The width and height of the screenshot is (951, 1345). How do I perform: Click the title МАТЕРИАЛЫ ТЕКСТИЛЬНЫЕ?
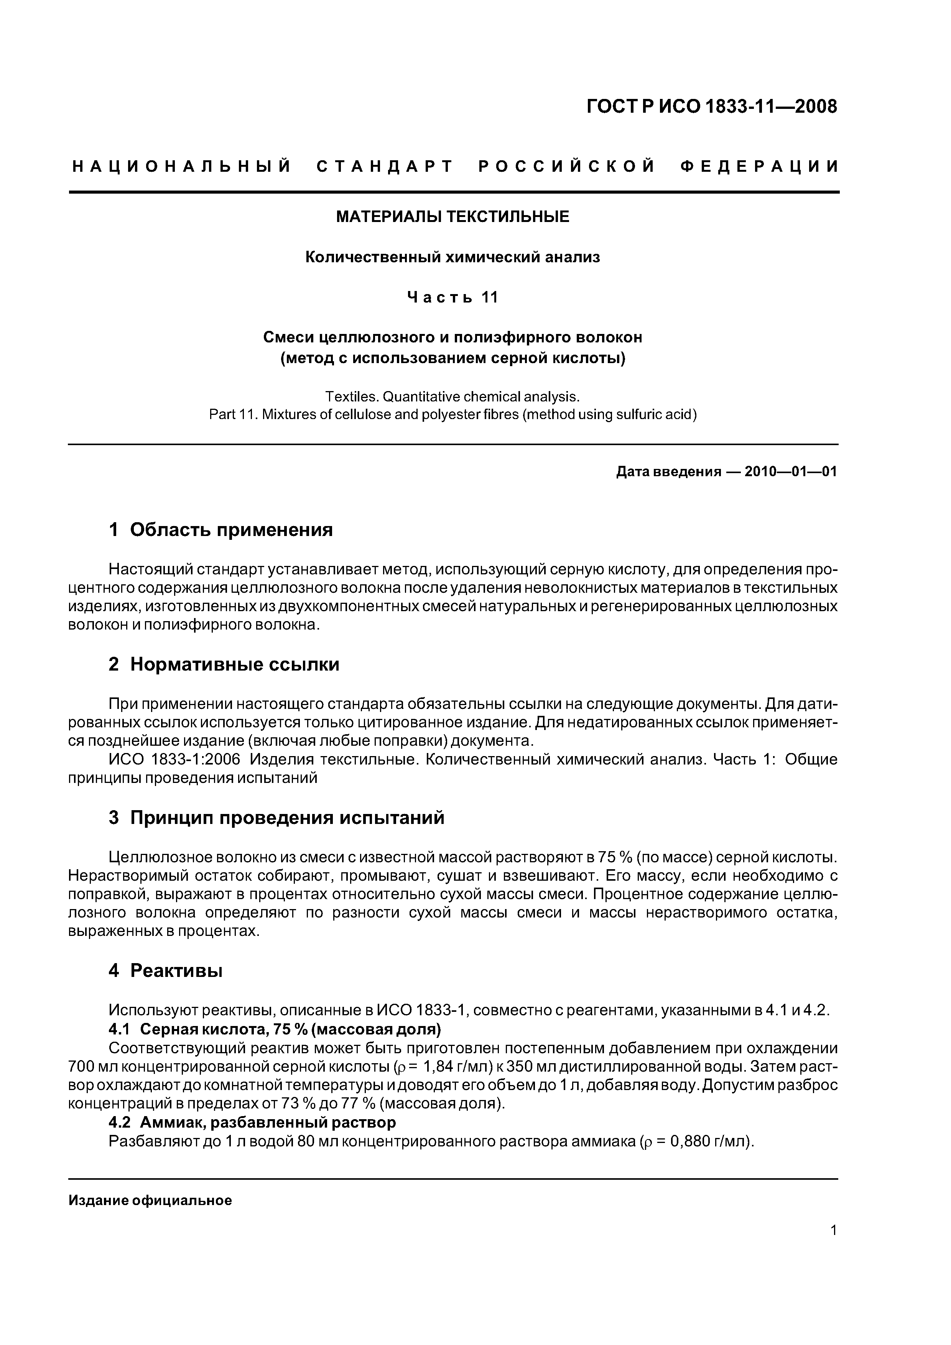coord(452,217)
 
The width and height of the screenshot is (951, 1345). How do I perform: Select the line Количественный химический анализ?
coord(452,257)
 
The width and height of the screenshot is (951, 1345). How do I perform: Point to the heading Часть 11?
coord(452,298)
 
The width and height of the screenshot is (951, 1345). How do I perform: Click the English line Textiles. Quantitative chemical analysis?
coord(452,396)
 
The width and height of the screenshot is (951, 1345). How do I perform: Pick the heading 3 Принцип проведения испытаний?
coord(276,818)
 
